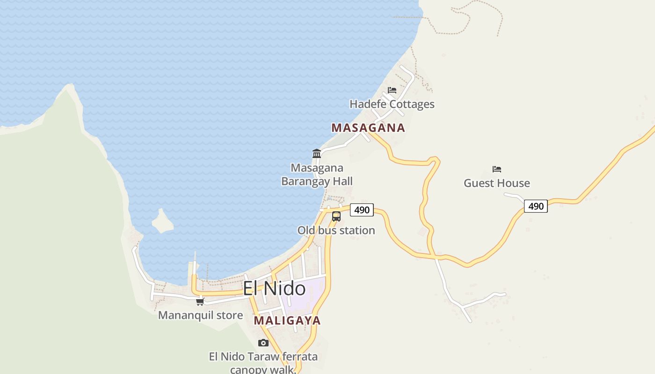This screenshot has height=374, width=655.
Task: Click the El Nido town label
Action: [274, 288]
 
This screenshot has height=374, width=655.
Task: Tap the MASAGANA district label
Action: [368, 128]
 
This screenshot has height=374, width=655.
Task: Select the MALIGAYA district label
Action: [287, 321]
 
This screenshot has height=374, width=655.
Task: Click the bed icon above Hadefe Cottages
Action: [392, 90]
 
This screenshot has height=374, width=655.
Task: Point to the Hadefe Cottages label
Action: [392, 104]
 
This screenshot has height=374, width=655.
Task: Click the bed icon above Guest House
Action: [497, 169]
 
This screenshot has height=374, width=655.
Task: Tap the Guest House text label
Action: [497, 183]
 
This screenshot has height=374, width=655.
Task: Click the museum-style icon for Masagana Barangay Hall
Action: [317, 153]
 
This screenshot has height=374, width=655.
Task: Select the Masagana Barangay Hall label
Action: [317, 174]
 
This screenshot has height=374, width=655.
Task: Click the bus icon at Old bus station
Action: [336, 216]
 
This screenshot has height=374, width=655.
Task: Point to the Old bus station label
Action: [336, 230]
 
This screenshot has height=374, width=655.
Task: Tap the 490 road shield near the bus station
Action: [362, 210]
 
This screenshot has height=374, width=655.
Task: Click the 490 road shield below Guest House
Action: [536, 206]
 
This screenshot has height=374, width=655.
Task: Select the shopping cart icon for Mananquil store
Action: [200, 302]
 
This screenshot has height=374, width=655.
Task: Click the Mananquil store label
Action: [200, 315]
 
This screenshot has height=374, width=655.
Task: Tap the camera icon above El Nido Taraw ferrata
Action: [263, 343]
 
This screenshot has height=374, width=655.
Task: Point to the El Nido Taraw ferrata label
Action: [263, 357]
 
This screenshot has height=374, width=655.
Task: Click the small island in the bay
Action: [162, 222]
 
